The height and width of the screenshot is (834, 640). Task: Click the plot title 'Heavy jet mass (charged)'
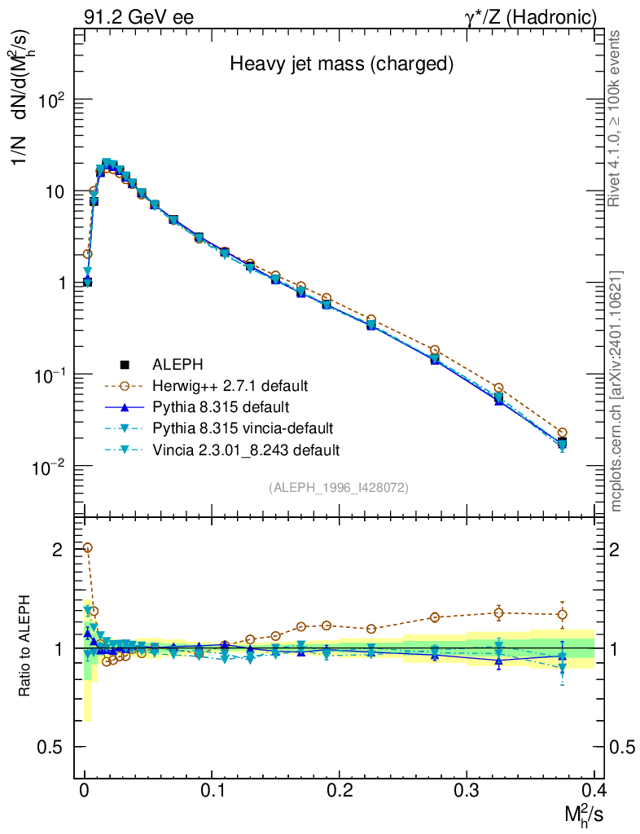click(x=340, y=63)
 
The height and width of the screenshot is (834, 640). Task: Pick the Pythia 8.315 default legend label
click(x=221, y=406)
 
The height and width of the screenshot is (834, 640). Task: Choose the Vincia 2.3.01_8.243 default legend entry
click(x=245, y=450)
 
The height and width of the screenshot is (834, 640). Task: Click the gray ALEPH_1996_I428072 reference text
click(x=339, y=487)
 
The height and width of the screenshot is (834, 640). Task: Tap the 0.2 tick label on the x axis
click(x=339, y=791)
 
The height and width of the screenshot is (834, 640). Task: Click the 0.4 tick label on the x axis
click(x=593, y=791)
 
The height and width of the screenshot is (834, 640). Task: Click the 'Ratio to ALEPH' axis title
click(x=25, y=647)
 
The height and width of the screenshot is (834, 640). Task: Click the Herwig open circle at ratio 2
click(x=87, y=548)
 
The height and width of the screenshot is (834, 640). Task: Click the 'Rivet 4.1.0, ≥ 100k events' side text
click(x=616, y=119)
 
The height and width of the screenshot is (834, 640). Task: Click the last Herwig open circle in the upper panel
click(x=562, y=432)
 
